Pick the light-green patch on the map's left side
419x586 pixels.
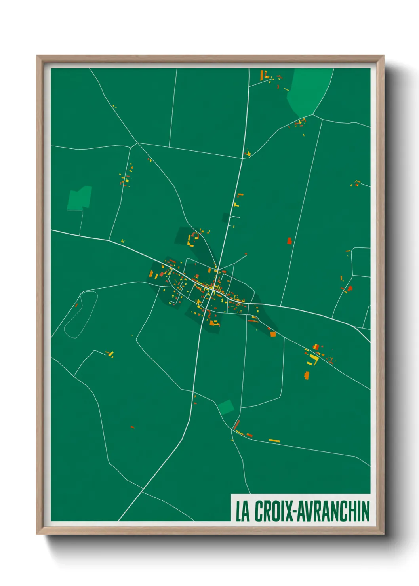pyautogui.click(x=80, y=198)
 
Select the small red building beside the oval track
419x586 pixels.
pyautogui.click(x=76, y=305)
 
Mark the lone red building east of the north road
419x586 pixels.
pyautogui.click(x=289, y=241)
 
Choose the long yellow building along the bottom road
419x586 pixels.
pyautogui.click(x=274, y=440)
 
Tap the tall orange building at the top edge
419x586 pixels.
pyautogui.click(x=262, y=75)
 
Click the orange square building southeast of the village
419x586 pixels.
pyautogui.click(x=272, y=334)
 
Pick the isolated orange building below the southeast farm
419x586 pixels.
pyautogui.click(x=306, y=375)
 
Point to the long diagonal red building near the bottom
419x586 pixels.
pyautogui.click(x=236, y=425)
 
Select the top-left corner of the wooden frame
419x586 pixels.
pyautogui.click(x=37, y=56)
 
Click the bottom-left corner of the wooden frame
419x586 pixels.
pyautogui.click(x=37, y=534)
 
